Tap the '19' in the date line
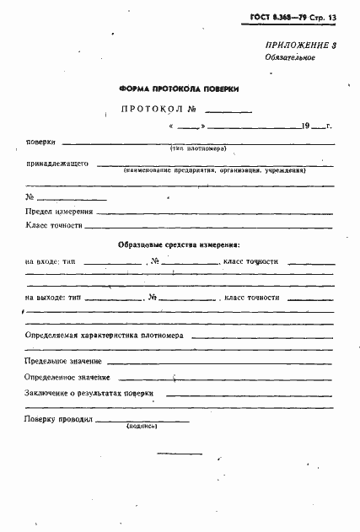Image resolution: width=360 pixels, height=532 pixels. point(304,126)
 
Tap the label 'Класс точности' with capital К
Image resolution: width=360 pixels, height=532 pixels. point(54,225)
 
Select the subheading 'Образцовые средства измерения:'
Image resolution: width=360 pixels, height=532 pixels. point(179,245)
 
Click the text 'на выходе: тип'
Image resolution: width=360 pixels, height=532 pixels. point(55,298)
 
